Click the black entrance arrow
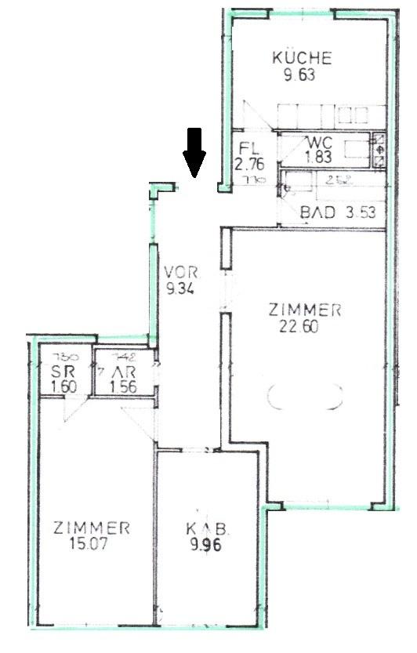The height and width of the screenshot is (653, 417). tap(194, 152)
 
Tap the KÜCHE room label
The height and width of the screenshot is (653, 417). tap(302, 58)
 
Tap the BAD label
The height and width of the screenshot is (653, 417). tap(318, 212)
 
